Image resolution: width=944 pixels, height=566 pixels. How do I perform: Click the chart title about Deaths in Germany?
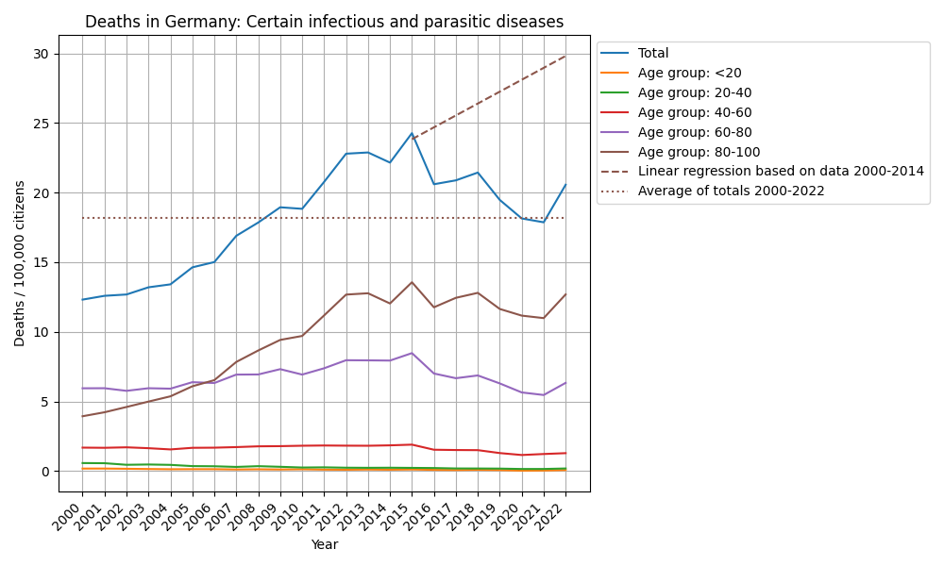coord(324,22)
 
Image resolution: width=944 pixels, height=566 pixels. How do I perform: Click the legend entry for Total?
coord(653,54)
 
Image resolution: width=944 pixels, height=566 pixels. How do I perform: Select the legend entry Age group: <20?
coord(682,74)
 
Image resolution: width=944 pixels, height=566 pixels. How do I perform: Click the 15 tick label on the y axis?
coord(42,263)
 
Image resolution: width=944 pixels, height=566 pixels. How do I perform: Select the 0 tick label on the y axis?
coord(45,472)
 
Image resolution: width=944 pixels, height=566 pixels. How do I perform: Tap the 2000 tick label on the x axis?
coord(72,518)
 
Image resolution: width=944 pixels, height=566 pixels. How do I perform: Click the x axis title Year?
coord(324,545)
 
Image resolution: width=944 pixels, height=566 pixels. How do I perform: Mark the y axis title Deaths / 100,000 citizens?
coord(20,263)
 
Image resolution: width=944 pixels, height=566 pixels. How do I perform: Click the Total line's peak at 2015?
coord(412,133)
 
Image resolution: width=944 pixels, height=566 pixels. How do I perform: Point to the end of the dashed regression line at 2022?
coord(565,56)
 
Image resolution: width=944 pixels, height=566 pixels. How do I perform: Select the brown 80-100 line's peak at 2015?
coord(412,282)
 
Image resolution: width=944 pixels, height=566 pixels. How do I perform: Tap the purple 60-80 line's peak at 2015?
coord(412,353)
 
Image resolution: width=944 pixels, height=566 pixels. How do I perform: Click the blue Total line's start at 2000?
coord(83,300)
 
